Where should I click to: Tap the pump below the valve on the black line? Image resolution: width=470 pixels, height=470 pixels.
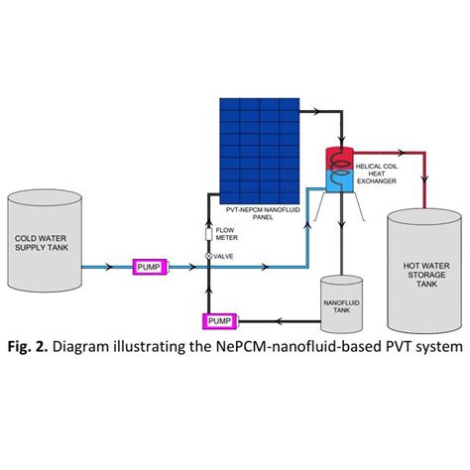[x=218, y=320]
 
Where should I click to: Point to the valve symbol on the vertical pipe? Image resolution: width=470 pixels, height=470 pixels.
[x=208, y=257]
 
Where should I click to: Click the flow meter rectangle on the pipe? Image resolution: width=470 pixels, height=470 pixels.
[x=208, y=235]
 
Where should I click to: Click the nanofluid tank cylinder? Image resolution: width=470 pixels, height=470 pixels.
[x=341, y=303]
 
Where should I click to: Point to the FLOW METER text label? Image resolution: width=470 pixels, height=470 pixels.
[x=227, y=235]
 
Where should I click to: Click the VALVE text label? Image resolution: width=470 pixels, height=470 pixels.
[x=227, y=257]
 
